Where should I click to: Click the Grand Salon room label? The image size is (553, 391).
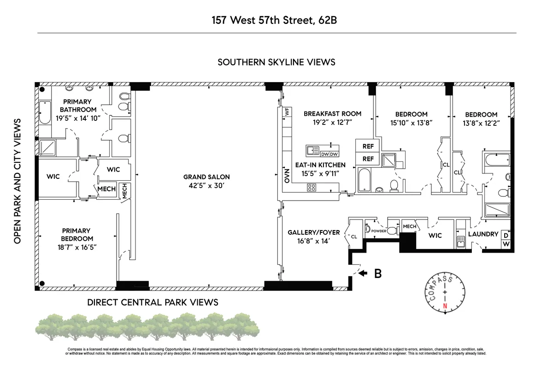click(x=206, y=177)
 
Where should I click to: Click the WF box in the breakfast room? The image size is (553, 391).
click(x=287, y=112)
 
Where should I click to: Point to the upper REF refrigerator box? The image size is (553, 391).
click(x=368, y=147)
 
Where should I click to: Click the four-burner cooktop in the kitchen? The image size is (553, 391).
click(x=312, y=187)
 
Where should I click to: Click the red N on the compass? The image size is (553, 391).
click(x=445, y=306)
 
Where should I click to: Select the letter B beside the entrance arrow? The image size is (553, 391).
click(x=377, y=273)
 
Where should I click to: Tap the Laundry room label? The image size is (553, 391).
click(x=483, y=234)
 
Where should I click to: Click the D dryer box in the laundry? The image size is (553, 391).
click(x=506, y=235)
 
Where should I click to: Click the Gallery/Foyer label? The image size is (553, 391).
click(x=309, y=232)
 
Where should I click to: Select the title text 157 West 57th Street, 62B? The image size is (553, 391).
click(x=276, y=20)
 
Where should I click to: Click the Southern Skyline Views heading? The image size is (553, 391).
click(x=276, y=62)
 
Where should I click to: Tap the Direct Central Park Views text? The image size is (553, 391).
click(x=153, y=302)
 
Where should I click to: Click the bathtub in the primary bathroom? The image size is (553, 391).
click(x=45, y=113)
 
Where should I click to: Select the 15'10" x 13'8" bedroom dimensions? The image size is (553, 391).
click(x=411, y=123)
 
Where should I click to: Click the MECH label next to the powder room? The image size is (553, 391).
click(x=409, y=226)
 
